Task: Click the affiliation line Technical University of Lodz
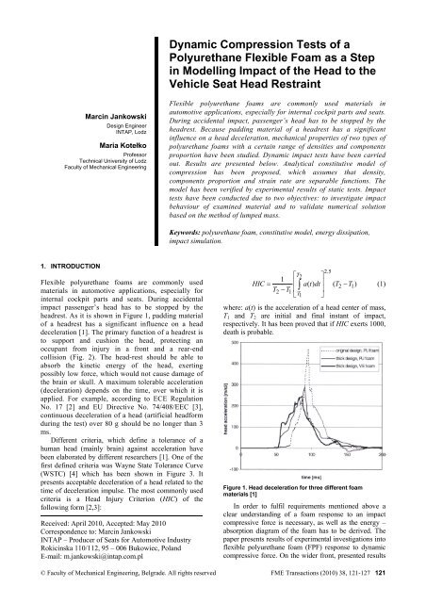pyautogui.click(x=95, y=163)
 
